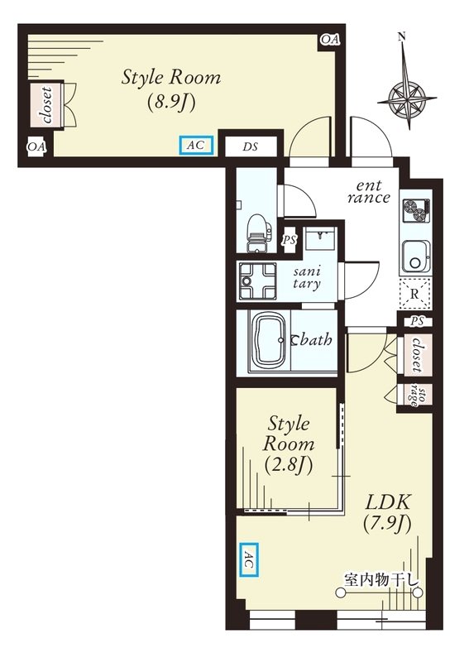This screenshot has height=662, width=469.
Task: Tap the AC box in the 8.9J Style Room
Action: [x=196, y=146]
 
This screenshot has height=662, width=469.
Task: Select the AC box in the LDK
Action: [x=249, y=559]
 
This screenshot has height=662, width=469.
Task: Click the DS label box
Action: [x=251, y=146]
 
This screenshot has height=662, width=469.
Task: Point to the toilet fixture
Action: [x=257, y=233]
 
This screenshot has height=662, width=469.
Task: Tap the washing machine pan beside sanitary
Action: [x=257, y=281]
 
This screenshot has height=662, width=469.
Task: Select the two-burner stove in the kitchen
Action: [x=416, y=210]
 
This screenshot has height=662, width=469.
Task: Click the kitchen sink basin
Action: [x=416, y=257]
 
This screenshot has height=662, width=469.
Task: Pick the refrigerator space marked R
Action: [x=414, y=294]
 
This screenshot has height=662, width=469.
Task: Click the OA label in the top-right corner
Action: [x=330, y=40]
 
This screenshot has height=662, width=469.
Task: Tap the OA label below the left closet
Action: [x=36, y=147]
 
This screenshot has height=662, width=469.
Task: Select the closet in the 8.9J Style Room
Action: [x=46, y=105]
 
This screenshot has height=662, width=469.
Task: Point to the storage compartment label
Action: [x=416, y=396]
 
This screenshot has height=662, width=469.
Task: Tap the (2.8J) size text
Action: [x=289, y=465]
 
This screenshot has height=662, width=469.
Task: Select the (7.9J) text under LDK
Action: [x=388, y=524]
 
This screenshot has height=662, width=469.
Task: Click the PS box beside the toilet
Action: [x=290, y=240]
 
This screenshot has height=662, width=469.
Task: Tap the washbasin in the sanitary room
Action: [x=319, y=239]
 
